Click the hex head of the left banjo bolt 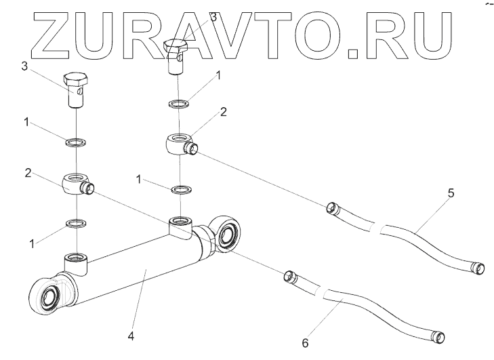[75, 80]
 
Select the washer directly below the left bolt [76, 142]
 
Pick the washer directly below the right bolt [179, 103]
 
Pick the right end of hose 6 [440, 336]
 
